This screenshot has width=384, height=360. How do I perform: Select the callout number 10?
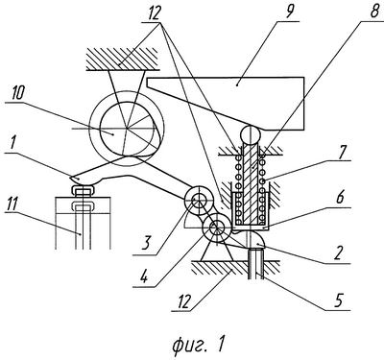click(x=17, y=93)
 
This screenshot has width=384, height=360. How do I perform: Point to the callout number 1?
click(x=12, y=143)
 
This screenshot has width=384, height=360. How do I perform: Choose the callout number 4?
click(x=145, y=276)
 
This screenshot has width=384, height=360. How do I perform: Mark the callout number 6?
click(x=340, y=198)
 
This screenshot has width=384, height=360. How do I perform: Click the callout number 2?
click(x=339, y=252)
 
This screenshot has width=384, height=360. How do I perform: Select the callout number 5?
click(x=339, y=300)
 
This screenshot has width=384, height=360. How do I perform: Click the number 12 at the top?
click(x=154, y=13)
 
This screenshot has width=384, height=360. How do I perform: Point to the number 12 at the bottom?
click(x=185, y=301)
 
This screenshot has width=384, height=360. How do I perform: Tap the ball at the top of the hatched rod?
click(x=252, y=135)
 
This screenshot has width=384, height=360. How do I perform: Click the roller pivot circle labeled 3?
click(x=198, y=200)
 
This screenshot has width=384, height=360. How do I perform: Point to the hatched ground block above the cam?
click(x=122, y=59)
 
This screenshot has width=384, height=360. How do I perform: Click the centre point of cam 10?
click(x=127, y=129)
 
